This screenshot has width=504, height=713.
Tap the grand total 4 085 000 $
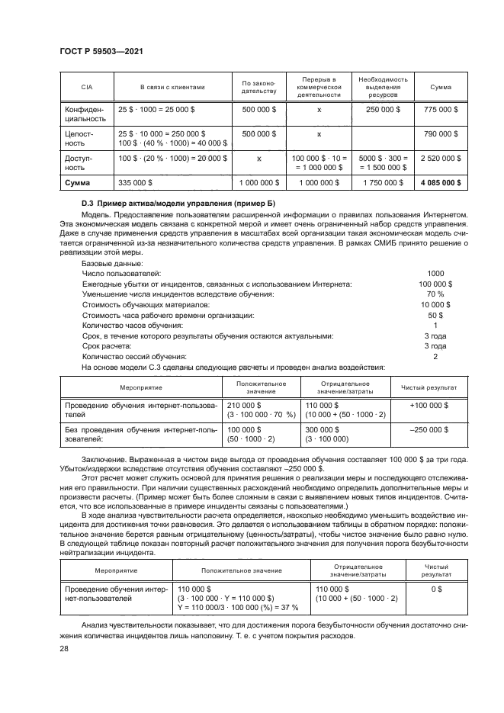pyautogui.click(x=440, y=183)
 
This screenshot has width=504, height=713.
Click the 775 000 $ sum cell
pyautogui.click(x=440, y=110)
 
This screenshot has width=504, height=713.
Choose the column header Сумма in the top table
pyautogui.click(x=440, y=87)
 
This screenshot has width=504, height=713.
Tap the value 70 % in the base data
pyautogui.click(x=435, y=294)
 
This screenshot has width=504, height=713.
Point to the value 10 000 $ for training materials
pyautogui.click(x=435, y=304)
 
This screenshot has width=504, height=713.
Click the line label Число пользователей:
pyautogui.click(x=120, y=272)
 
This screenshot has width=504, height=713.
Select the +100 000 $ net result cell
pyautogui.click(x=429, y=405)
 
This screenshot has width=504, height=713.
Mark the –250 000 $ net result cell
pyautogui.click(x=429, y=429)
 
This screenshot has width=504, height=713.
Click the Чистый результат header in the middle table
pyautogui.click(x=429, y=387)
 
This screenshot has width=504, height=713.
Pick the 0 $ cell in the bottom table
pyautogui.click(x=437, y=589)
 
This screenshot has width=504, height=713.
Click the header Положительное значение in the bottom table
pyautogui.click(x=242, y=570)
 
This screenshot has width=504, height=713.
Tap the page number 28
pyautogui.click(x=63, y=647)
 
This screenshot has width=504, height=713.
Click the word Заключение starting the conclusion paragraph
pyautogui.click(x=103, y=459)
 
